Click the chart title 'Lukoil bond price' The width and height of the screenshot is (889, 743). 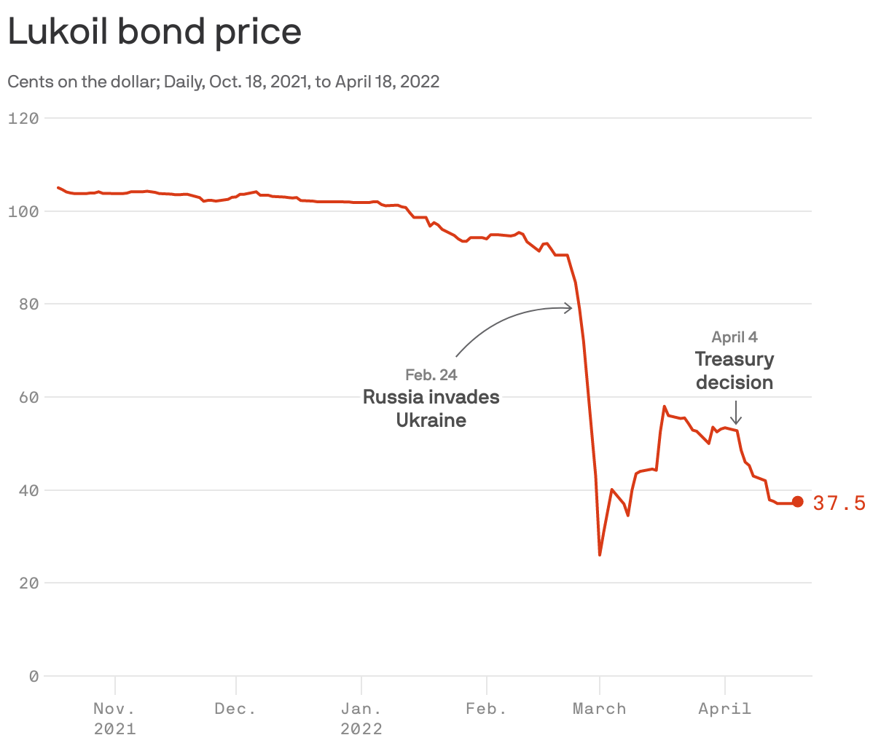[154, 32]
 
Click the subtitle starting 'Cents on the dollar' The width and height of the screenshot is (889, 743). [223, 82]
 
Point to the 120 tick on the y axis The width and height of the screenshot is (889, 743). [23, 118]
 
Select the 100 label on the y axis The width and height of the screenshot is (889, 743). [23, 211]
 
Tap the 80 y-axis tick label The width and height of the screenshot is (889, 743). [28, 304]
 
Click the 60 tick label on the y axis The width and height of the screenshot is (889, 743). [28, 397]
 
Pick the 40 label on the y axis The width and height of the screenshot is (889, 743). [28, 490]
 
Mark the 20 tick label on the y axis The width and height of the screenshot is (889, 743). [28, 583]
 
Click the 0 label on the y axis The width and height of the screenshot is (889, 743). [34, 676]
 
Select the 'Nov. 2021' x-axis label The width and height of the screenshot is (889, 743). [114, 718]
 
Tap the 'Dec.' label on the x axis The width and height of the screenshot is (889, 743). [235, 709]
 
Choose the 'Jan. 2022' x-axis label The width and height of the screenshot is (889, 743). [361, 718]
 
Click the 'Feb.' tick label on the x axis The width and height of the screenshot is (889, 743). [486, 709]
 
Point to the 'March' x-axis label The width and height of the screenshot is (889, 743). [599, 709]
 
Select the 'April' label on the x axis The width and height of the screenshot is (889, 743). [724, 709]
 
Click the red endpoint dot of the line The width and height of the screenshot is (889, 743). [797, 501]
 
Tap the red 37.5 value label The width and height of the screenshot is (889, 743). [839, 503]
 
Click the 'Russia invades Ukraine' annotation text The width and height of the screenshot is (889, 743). [431, 408]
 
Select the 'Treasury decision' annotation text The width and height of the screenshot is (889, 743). [735, 370]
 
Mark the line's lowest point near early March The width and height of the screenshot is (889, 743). [600, 554]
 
